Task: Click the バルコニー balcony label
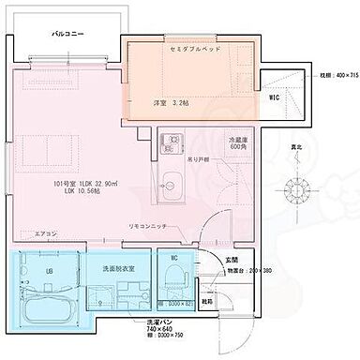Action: click(69, 33)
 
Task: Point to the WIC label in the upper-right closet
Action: click(275, 97)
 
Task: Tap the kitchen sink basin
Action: click(172, 182)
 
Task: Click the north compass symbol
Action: click(300, 184)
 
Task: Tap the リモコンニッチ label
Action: click(147, 227)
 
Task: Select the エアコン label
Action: click(45, 233)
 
